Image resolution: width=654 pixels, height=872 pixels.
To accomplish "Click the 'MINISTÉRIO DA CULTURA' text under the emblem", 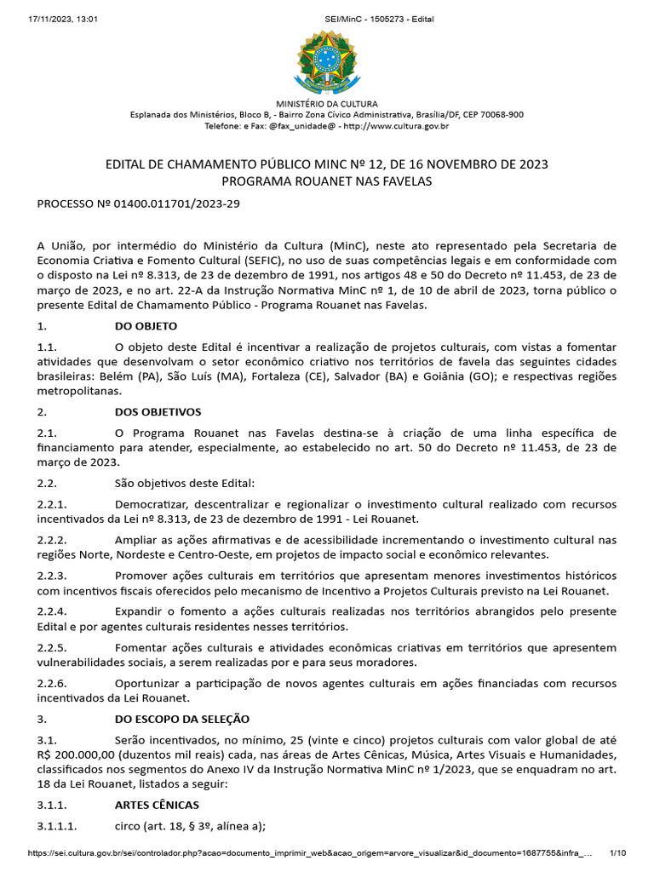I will click(327, 104).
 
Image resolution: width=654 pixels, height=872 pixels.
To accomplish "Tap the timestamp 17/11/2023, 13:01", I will click(52, 19).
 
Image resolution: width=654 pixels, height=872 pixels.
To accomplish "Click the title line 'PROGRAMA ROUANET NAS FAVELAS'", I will click(327, 181).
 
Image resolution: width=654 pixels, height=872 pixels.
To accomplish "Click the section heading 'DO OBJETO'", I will click(146, 325).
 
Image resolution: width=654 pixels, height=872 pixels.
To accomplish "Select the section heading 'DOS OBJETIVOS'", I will click(158, 412).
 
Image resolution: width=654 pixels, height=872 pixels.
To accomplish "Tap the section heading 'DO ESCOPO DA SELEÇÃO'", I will click(181, 719).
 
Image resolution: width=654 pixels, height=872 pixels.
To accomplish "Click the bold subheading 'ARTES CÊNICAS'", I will click(157, 805).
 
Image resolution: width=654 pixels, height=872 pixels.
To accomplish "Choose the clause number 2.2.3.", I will click(53, 576).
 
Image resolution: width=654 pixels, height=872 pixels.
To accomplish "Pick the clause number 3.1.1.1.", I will click(57, 826).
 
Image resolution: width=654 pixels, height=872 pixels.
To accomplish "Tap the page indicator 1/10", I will click(618, 853).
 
